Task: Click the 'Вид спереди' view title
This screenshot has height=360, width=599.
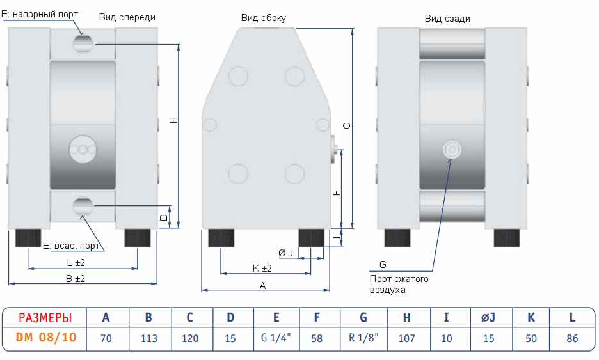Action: click(127, 18)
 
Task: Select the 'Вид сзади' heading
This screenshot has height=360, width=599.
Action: click(447, 19)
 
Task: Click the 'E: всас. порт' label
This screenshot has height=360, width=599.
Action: click(71, 246)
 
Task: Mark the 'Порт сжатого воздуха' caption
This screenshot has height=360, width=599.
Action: click(399, 284)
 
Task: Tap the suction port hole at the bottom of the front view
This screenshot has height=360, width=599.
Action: click(83, 205)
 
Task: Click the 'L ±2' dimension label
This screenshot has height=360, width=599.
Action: click(76, 263)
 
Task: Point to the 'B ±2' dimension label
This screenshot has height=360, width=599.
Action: click(76, 279)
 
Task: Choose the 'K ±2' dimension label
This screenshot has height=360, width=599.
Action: click(262, 268)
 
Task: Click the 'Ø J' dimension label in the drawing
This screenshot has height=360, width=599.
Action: click(286, 253)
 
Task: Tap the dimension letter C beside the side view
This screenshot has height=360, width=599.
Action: click(346, 126)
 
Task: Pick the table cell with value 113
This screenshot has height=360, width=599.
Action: click(148, 338)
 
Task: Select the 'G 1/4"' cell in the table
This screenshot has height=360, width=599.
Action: click(276, 338)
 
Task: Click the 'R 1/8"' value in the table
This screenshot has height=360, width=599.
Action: click(363, 338)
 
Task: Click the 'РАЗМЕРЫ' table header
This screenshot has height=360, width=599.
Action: click(45, 318)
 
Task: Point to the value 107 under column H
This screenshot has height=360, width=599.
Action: click(407, 338)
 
